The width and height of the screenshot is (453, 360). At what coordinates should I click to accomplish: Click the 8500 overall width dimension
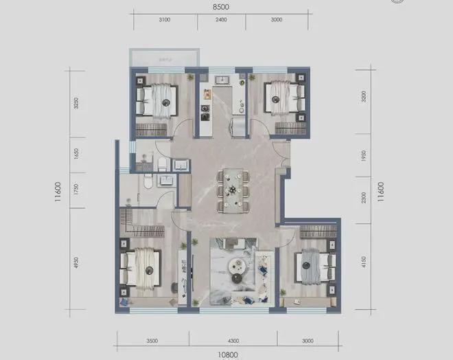click(220, 6)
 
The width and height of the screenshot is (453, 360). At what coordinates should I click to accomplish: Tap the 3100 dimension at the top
click(164, 21)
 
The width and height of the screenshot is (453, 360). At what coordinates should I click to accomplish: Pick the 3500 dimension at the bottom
click(151, 340)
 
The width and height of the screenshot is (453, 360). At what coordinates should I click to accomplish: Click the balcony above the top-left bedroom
click(164, 58)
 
